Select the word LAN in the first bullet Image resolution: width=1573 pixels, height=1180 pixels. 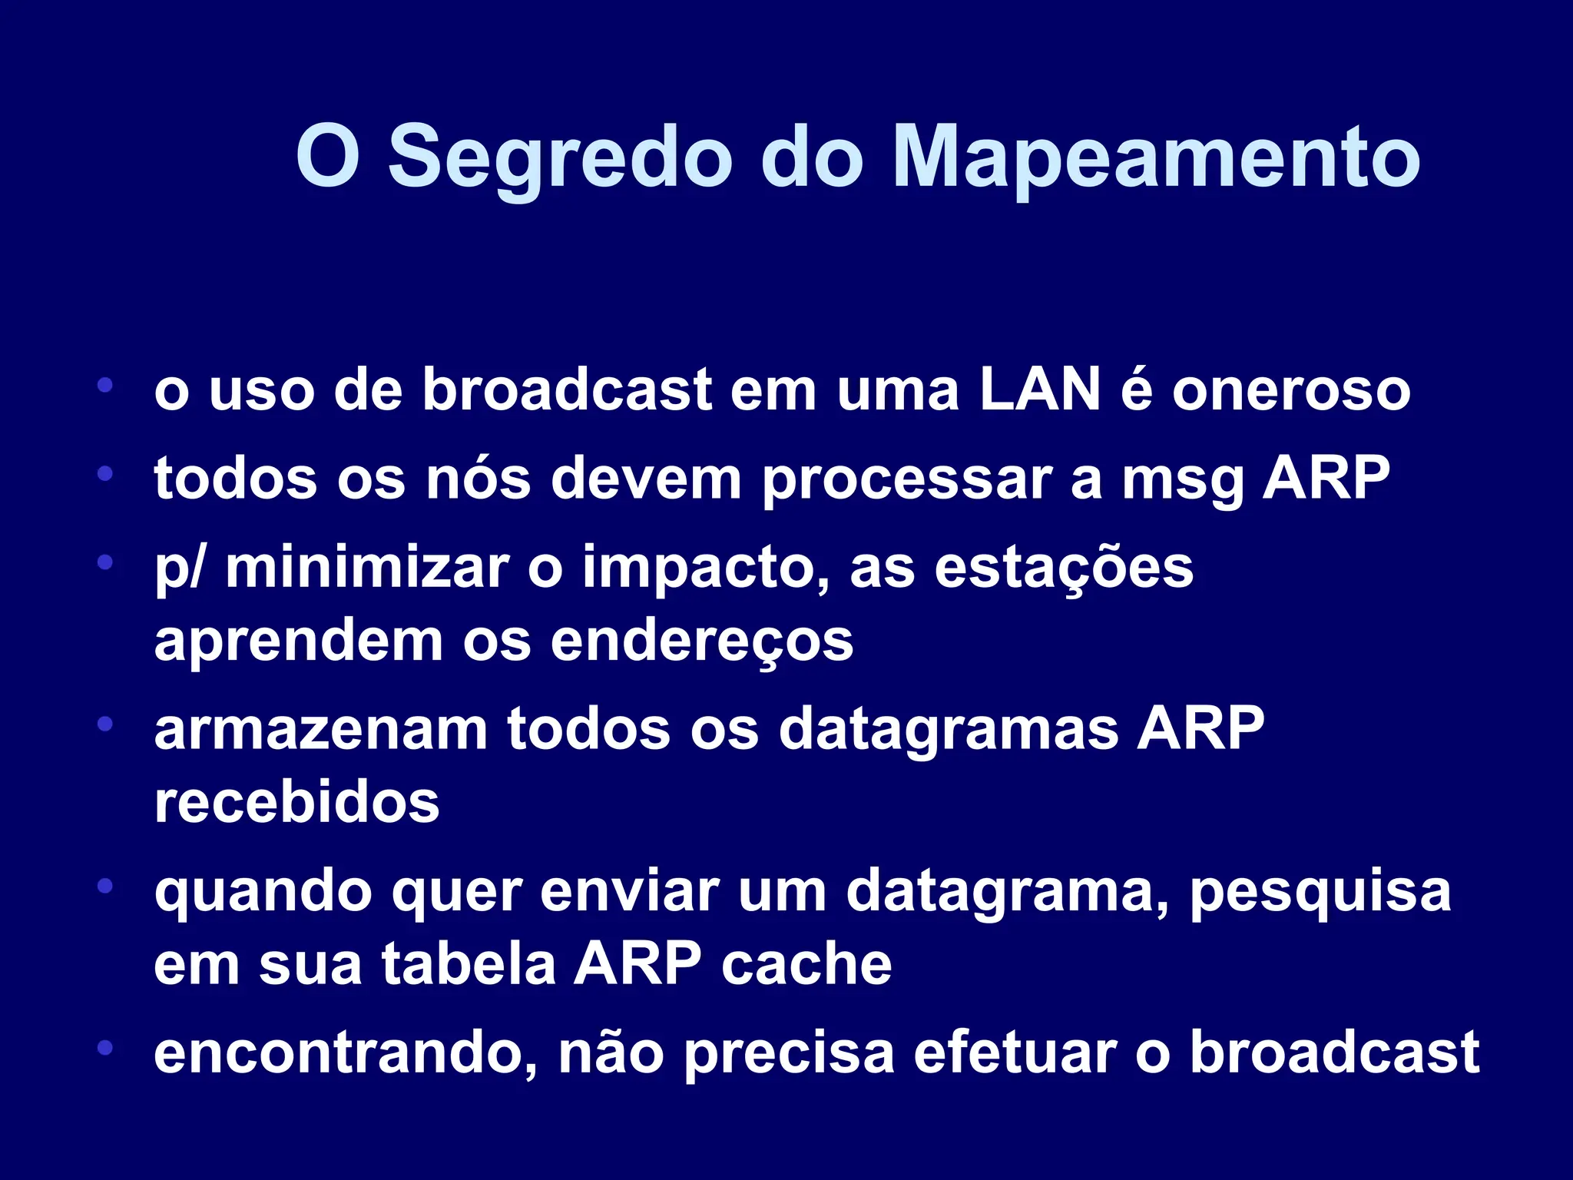1040,389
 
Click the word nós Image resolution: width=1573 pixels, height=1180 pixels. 479,479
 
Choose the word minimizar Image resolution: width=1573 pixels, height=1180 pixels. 367,567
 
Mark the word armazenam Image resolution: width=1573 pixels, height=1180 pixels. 321,728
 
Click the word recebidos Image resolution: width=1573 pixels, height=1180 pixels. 296,802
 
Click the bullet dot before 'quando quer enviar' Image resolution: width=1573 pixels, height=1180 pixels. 105,887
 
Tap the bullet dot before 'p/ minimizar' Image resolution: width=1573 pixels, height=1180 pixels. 105,562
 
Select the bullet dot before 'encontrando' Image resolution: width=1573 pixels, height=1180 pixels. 105,1048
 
